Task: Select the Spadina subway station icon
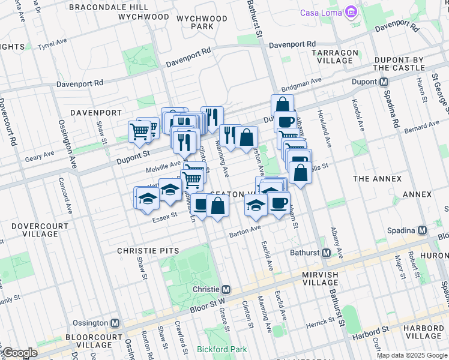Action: click(423, 230)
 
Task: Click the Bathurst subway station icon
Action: click(326, 253)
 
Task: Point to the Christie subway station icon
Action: click(226, 289)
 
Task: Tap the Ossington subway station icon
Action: click(115, 323)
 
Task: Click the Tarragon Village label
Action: click(332, 56)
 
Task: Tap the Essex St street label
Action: click(166, 215)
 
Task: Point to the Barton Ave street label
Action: click(245, 230)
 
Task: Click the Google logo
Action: click(19, 353)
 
